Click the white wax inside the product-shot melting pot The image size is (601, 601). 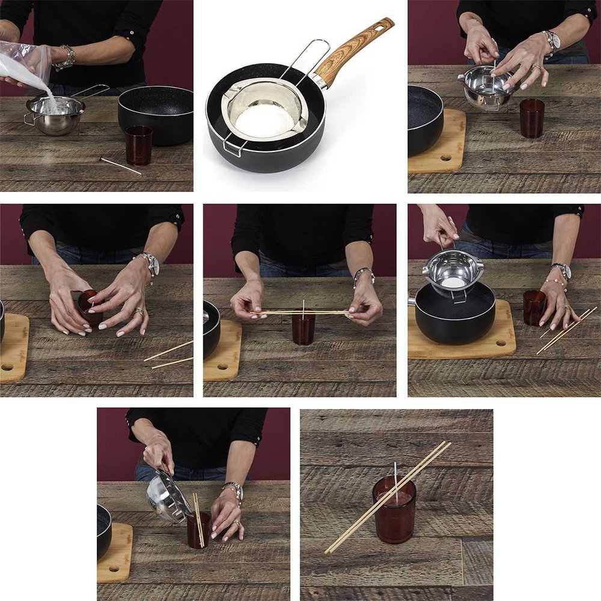pyautogui.click(x=264, y=120)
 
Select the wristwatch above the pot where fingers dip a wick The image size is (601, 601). pyautogui.click(x=551, y=40)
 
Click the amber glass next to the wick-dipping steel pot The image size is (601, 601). pyautogui.click(x=532, y=118)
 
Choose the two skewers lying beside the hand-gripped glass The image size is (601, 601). pyautogui.click(x=168, y=355)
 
